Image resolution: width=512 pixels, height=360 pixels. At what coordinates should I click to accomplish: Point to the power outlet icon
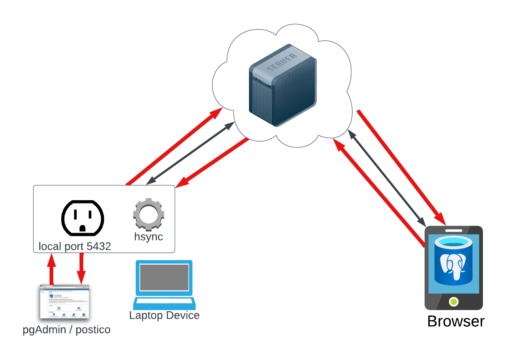(x=82, y=218)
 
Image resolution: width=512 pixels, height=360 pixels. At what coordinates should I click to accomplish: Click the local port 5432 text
(x=75, y=246)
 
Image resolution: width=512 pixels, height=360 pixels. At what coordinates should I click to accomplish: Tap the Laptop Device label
(x=164, y=315)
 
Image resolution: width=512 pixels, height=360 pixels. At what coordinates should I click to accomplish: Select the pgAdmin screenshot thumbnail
(x=65, y=302)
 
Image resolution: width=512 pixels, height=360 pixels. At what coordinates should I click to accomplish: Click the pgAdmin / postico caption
(x=67, y=330)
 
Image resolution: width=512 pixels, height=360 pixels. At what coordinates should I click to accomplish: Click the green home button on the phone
(x=454, y=301)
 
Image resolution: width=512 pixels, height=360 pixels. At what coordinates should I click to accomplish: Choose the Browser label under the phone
(x=456, y=321)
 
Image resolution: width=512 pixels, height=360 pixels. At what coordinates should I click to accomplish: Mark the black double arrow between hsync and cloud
(x=189, y=153)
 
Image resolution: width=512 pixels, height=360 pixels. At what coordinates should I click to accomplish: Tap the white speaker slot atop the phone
(x=454, y=230)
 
